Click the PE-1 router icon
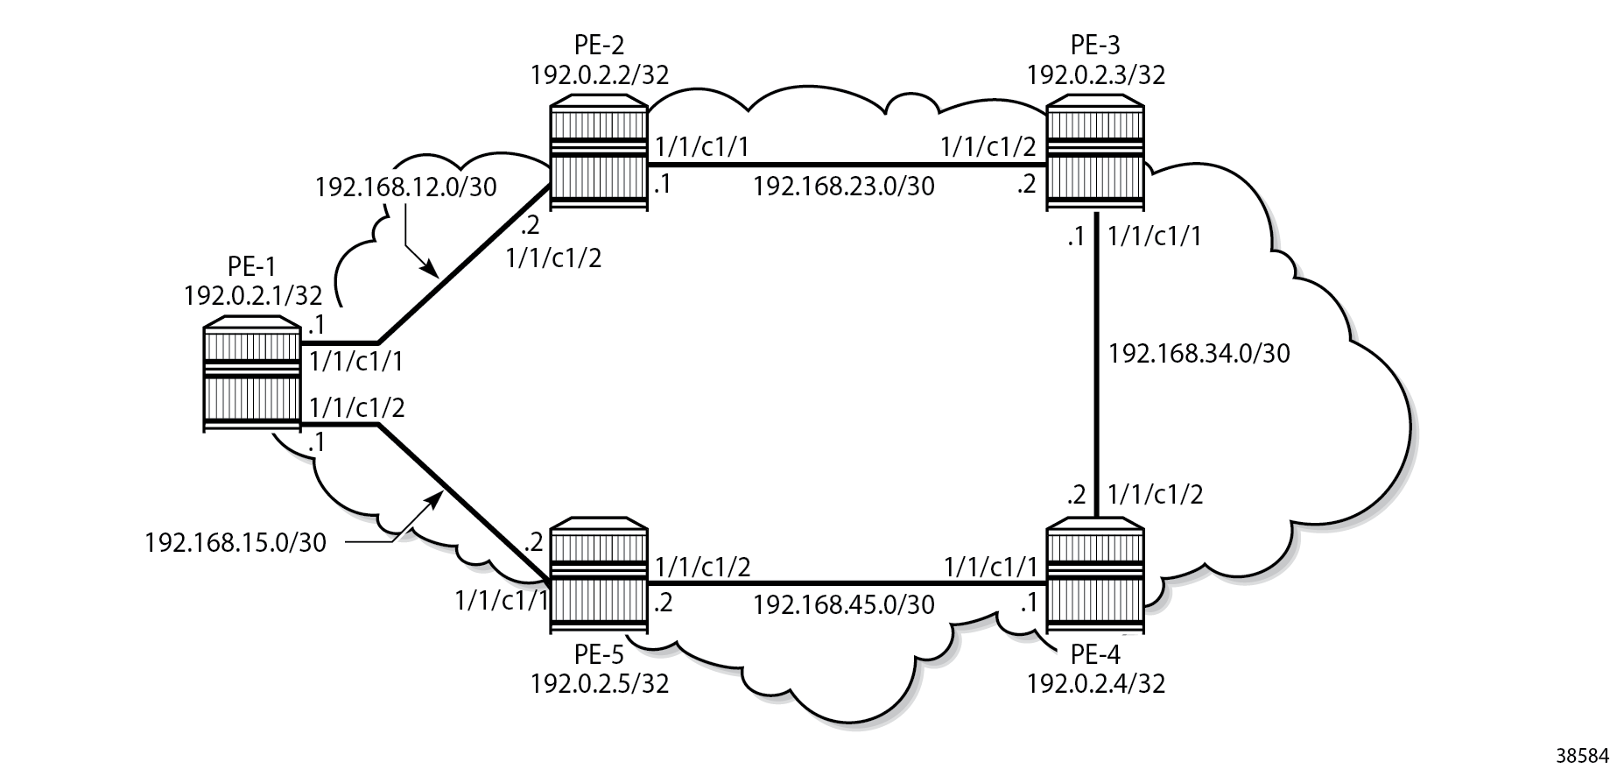[251, 374]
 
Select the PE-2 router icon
[599, 156]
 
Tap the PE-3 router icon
[1095, 156]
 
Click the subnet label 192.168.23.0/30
[844, 186]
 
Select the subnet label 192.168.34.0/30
[1199, 353]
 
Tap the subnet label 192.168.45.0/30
[844, 604]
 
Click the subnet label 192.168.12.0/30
[406, 187]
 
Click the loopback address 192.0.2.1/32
[253, 295]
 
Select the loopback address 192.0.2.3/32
[1096, 74]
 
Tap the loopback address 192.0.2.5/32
[600, 682]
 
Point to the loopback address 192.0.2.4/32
[1096, 682]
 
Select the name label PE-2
[600, 45]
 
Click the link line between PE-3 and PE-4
[1095, 365]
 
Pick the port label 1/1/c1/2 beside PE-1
[357, 408]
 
